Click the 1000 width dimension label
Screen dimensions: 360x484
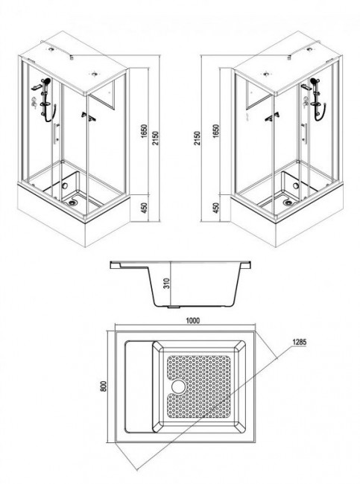point(192,320)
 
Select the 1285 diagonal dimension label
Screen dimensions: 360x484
point(299,342)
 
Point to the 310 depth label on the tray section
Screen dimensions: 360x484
point(166,284)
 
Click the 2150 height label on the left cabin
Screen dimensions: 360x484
point(155,138)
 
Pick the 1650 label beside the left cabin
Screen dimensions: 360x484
point(144,131)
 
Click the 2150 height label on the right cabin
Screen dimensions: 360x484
point(198,138)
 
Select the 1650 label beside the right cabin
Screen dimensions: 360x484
point(215,131)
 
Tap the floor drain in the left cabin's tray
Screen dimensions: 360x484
point(73,203)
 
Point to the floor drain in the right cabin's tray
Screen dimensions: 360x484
point(288,203)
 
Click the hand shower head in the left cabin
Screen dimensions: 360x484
point(47,81)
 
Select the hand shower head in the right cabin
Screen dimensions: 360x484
point(315,81)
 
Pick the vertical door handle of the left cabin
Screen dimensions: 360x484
point(56,133)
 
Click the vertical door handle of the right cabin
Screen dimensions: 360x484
point(305,133)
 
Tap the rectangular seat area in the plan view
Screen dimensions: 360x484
point(139,386)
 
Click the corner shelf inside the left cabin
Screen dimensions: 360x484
point(89,116)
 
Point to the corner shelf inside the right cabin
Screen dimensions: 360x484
point(273,117)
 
